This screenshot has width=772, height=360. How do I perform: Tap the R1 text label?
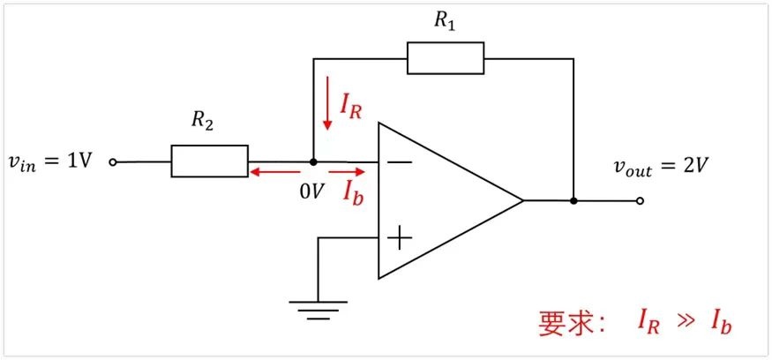coord(444,21)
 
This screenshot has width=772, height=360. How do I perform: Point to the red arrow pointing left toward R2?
coord(274,172)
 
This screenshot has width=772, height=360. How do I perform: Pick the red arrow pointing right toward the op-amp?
coord(347,172)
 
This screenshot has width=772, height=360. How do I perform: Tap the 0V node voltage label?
coord(311,192)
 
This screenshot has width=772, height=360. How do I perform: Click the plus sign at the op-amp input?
coord(400,239)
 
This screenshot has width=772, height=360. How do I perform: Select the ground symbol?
coord(318,311)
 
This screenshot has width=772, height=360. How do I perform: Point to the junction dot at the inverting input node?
coord(313,161)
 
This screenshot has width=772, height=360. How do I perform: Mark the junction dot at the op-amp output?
coord(573,200)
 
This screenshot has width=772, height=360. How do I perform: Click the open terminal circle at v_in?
coord(112,161)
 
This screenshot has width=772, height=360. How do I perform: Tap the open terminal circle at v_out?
coord(639,200)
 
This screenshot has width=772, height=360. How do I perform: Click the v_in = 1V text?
coord(50,161)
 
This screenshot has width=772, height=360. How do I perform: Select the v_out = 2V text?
coord(661,168)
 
